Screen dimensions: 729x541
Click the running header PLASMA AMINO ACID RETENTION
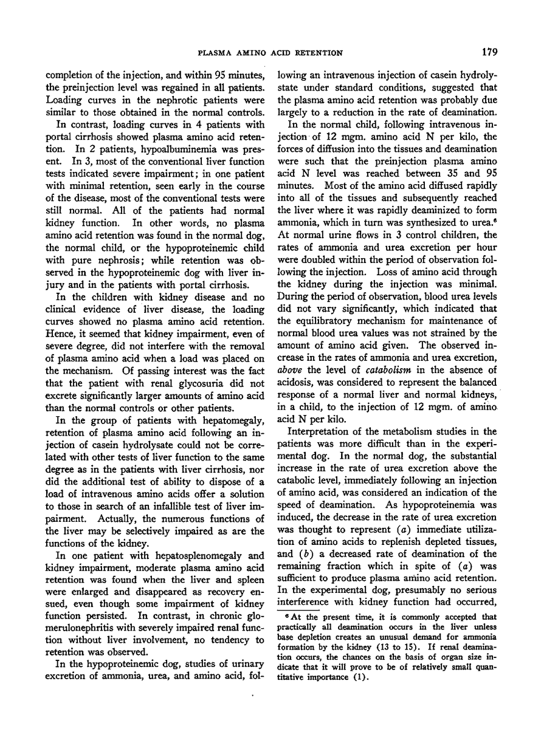pos(270,53)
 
